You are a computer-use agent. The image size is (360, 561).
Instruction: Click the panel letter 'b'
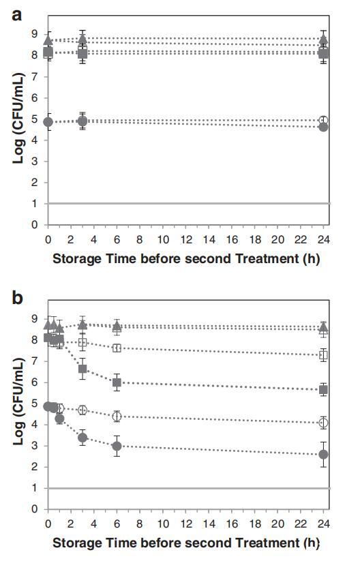(17, 297)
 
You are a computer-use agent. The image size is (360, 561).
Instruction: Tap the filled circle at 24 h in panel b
(323, 455)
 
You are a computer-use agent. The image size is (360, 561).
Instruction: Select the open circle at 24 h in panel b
(323, 423)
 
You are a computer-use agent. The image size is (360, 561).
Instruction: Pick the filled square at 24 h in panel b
(323, 390)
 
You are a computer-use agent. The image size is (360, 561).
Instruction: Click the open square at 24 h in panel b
(323, 355)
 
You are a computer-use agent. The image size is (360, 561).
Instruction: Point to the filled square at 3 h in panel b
(82, 369)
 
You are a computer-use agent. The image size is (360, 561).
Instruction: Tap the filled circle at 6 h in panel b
(117, 446)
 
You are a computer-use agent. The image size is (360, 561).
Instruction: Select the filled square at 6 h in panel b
(117, 382)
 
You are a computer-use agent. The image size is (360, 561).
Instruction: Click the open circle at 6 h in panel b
(117, 416)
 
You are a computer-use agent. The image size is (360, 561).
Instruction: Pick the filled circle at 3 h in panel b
(82, 438)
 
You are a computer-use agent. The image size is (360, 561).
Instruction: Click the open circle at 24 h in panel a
(323, 120)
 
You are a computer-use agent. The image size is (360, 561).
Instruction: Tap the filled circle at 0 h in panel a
(48, 122)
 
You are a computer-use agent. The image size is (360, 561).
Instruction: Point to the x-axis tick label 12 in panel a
(186, 239)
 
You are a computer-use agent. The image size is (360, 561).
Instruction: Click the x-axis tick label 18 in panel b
(255, 524)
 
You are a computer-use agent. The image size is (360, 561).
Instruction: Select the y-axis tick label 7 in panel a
(34, 76)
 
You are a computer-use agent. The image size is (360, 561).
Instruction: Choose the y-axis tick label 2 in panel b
(34, 467)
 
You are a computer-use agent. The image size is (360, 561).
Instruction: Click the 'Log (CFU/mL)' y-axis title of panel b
(18, 401)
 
